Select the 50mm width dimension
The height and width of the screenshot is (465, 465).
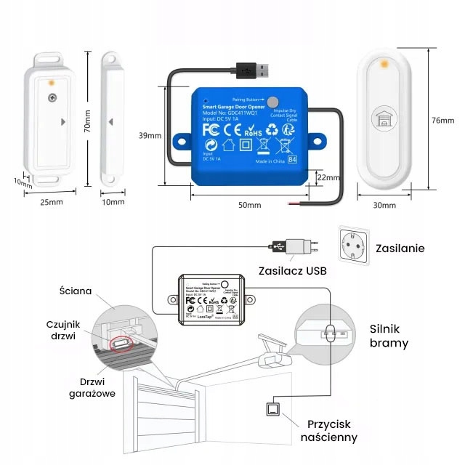click(x=248, y=206)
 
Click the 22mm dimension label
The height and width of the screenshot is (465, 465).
click(x=328, y=177)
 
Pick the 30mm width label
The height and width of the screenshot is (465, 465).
click(x=384, y=206)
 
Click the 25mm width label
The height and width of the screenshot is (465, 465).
click(x=47, y=202)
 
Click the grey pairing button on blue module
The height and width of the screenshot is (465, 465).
click(x=272, y=102)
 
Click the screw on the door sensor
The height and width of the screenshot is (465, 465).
click(x=52, y=98)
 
